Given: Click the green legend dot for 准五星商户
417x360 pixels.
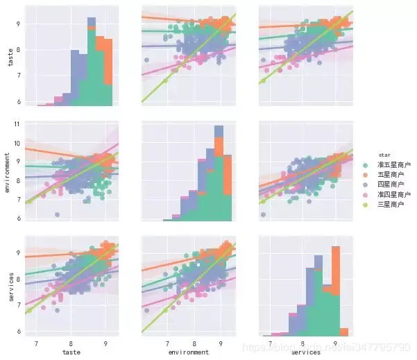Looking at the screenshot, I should [x=368, y=164].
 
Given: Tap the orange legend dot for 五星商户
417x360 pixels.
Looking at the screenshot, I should [x=368, y=175].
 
